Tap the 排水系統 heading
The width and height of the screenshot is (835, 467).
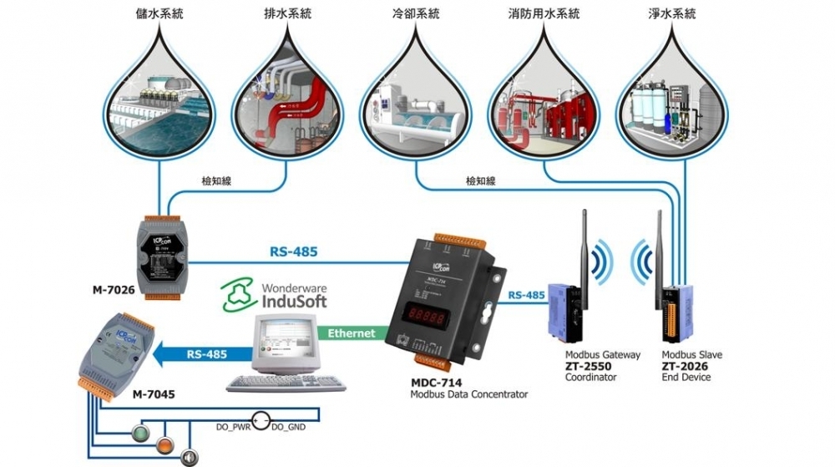click(x=290, y=14)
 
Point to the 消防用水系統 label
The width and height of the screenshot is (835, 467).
click(x=546, y=14)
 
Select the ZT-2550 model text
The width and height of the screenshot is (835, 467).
click(x=588, y=366)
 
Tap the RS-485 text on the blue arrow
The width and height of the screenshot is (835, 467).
click(x=207, y=354)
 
